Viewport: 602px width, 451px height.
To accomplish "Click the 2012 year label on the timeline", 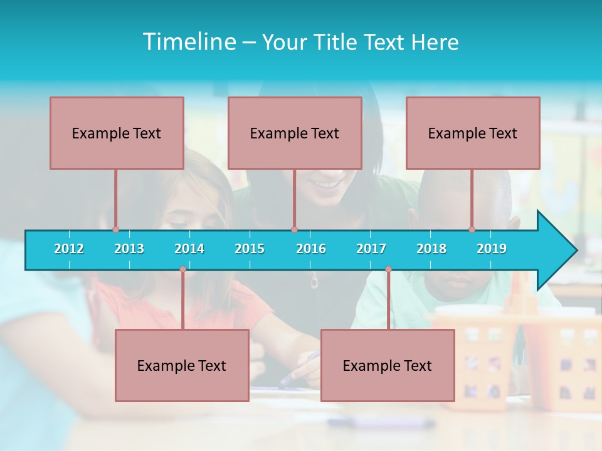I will point(69,249).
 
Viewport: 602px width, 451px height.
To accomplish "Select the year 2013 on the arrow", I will point(129,249).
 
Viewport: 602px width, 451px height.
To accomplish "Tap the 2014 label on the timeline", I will point(189,249).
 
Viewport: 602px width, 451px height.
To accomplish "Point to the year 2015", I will point(250,249).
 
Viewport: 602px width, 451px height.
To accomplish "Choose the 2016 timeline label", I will point(311,249).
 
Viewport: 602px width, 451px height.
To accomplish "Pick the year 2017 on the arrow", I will point(371,249).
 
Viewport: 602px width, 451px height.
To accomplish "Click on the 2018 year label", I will point(431,249).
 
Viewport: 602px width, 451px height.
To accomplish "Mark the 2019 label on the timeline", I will point(492,249).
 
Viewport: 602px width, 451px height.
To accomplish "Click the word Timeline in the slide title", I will point(188,42).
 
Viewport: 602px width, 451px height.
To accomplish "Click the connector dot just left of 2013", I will point(115,229).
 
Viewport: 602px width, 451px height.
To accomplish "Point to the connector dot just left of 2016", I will point(294,229).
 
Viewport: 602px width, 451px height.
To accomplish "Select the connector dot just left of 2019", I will point(472,229).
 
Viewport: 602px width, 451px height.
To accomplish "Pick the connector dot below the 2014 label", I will point(182,269).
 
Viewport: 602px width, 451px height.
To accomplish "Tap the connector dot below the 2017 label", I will point(388,269).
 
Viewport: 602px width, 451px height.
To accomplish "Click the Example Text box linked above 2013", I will point(117,133).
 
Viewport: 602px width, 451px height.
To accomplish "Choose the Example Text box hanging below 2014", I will point(182,365).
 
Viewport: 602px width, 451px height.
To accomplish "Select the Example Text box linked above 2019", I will point(473,133).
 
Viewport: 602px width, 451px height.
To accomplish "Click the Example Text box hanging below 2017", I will point(388,365).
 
